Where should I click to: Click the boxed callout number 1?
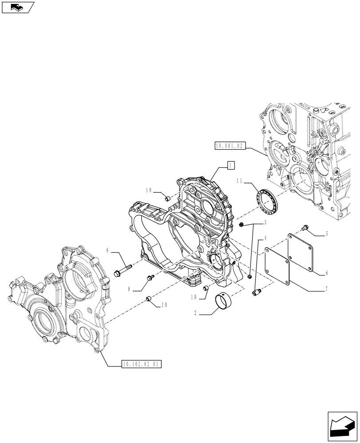coord(231,166)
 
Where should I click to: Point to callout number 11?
coord(239,181)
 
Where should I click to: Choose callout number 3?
coord(265,222)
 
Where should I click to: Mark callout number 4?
coord(265,238)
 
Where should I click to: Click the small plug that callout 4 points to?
coord(255,292)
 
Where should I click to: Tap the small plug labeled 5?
coord(305,228)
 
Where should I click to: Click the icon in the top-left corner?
coord(17,7)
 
